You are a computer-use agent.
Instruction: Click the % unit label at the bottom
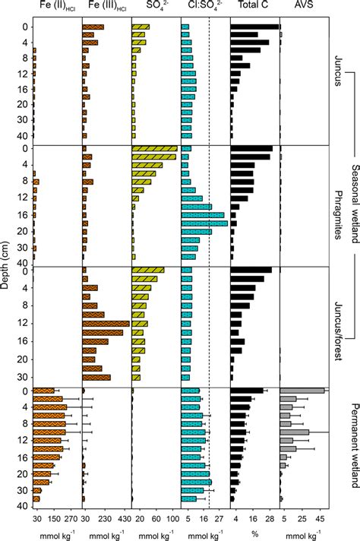pos(254,534)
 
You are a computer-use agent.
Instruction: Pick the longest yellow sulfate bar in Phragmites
pos(155,149)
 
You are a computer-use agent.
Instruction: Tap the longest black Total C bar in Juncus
pos(254,27)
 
